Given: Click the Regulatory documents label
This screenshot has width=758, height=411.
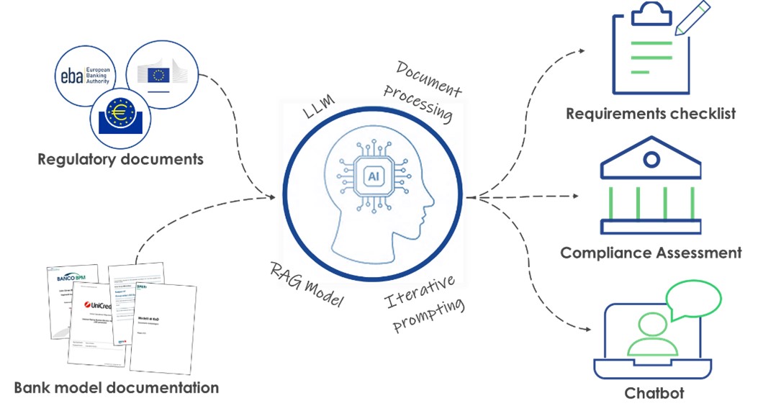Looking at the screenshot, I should coord(120,159).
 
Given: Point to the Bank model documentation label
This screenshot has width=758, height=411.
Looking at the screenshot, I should coord(116,388).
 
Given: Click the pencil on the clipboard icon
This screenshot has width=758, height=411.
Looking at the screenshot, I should coord(691,17).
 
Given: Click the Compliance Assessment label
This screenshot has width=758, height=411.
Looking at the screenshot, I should coord(651,253).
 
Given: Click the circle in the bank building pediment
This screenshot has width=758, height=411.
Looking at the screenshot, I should coord(651,158).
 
